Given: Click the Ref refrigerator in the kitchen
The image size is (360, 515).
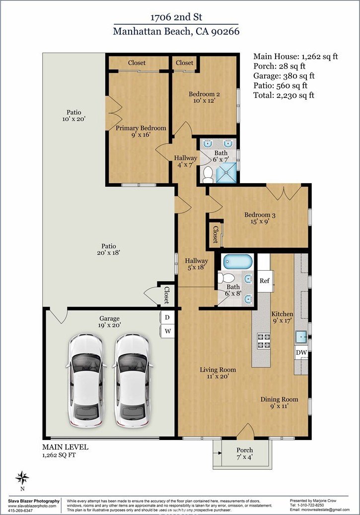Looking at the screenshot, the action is coord(265,281).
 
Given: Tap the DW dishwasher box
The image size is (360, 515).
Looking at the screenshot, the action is coord(301,353).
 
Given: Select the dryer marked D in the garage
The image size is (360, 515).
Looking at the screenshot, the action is coord(167,317).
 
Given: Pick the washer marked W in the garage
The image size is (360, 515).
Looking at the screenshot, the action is coord(167,331).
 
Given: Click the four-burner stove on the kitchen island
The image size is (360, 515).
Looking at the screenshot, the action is coord(264,341).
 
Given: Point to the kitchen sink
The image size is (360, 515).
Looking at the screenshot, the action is coord(301,337).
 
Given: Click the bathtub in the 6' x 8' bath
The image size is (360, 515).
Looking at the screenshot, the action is coord(238,262).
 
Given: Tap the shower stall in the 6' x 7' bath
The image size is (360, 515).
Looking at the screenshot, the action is coord(225,173).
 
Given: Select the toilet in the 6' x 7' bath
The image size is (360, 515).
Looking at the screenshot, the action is coord(208,175).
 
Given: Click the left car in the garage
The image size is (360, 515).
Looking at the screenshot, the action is coord(86,380).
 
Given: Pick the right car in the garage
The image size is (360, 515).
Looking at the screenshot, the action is coord(133,380).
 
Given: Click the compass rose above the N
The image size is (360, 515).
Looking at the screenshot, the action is coord(22,478).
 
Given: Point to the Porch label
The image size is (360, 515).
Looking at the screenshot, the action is coord(245,450).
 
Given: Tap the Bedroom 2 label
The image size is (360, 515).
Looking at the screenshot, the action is coord(204,94).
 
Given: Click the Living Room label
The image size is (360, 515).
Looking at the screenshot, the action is coord(218,369).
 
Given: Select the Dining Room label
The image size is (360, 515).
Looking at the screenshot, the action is coord(280,399).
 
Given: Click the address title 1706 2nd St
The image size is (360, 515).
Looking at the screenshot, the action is coord(176,17).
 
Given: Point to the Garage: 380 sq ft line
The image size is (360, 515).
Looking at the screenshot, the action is coord(284,76).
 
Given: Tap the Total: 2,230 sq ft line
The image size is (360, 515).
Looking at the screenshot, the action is coord(284,95).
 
